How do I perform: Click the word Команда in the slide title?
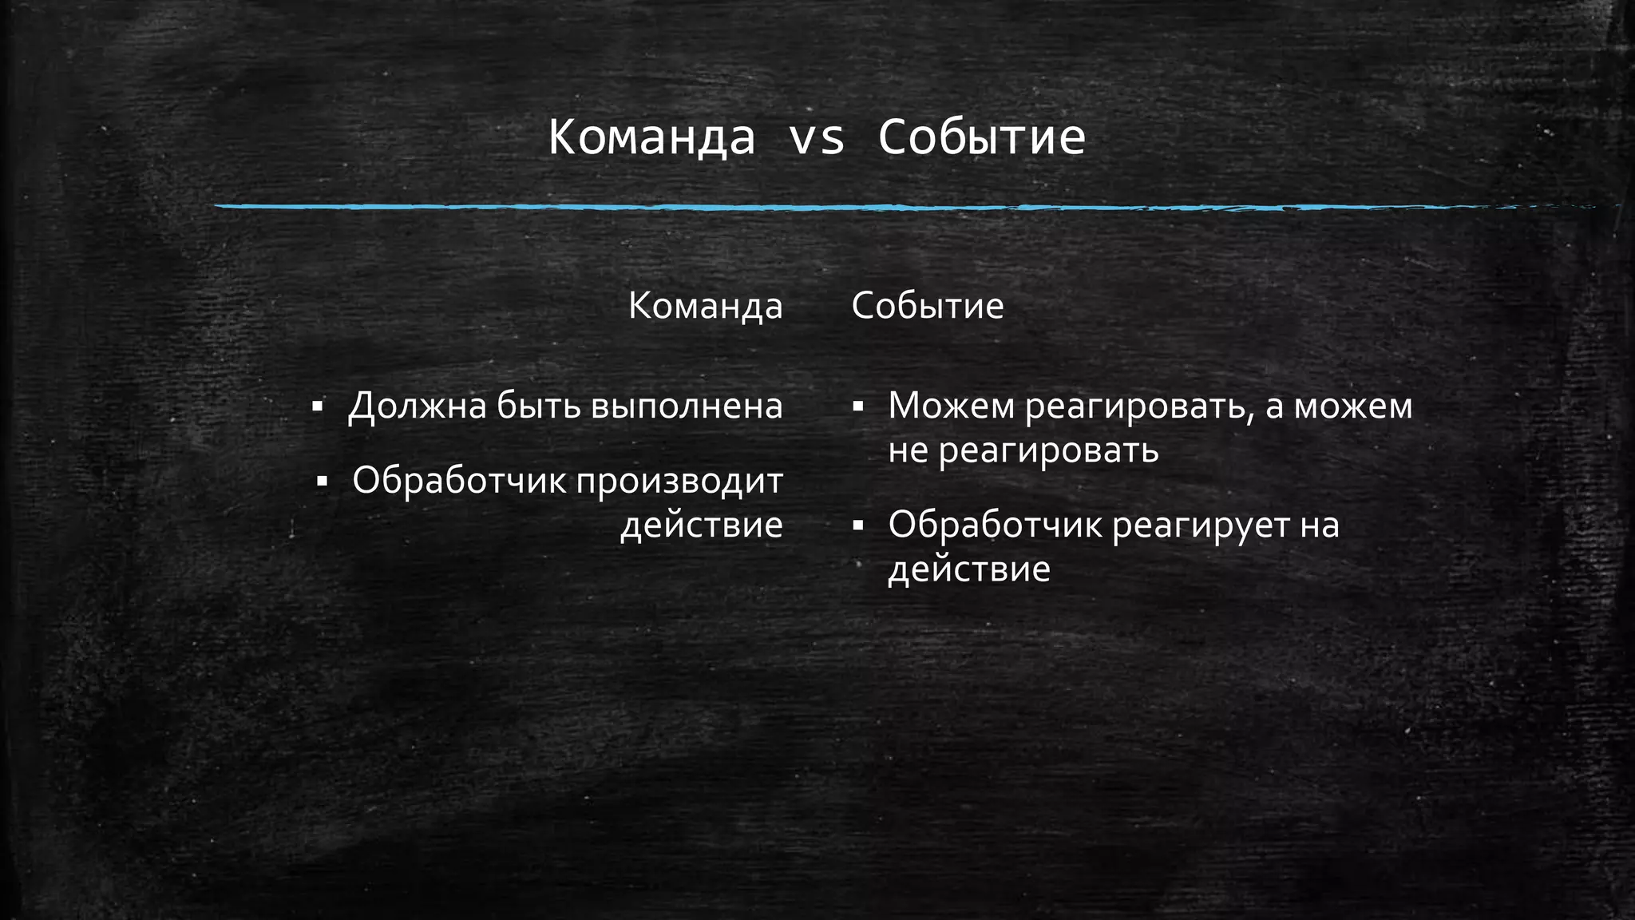[x=651, y=137]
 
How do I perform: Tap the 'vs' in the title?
[x=816, y=137]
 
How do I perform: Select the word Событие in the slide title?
[x=981, y=137]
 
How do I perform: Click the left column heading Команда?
[x=705, y=306]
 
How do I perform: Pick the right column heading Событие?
[x=927, y=306]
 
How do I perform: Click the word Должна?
[x=417, y=406]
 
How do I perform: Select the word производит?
[x=679, y=482]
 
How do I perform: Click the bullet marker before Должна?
[x=317, y=407]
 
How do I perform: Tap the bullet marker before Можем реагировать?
[x=858, y=407]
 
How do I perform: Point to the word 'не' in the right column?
[x=909, y=451]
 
